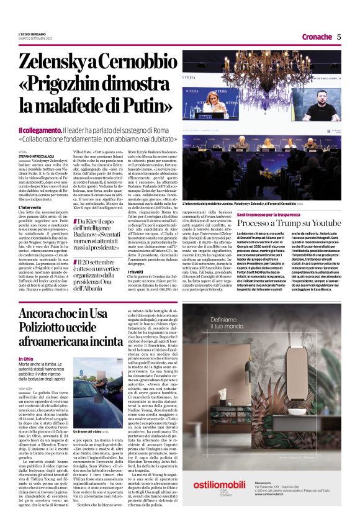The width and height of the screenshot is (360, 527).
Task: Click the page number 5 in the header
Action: tap(339, 37)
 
